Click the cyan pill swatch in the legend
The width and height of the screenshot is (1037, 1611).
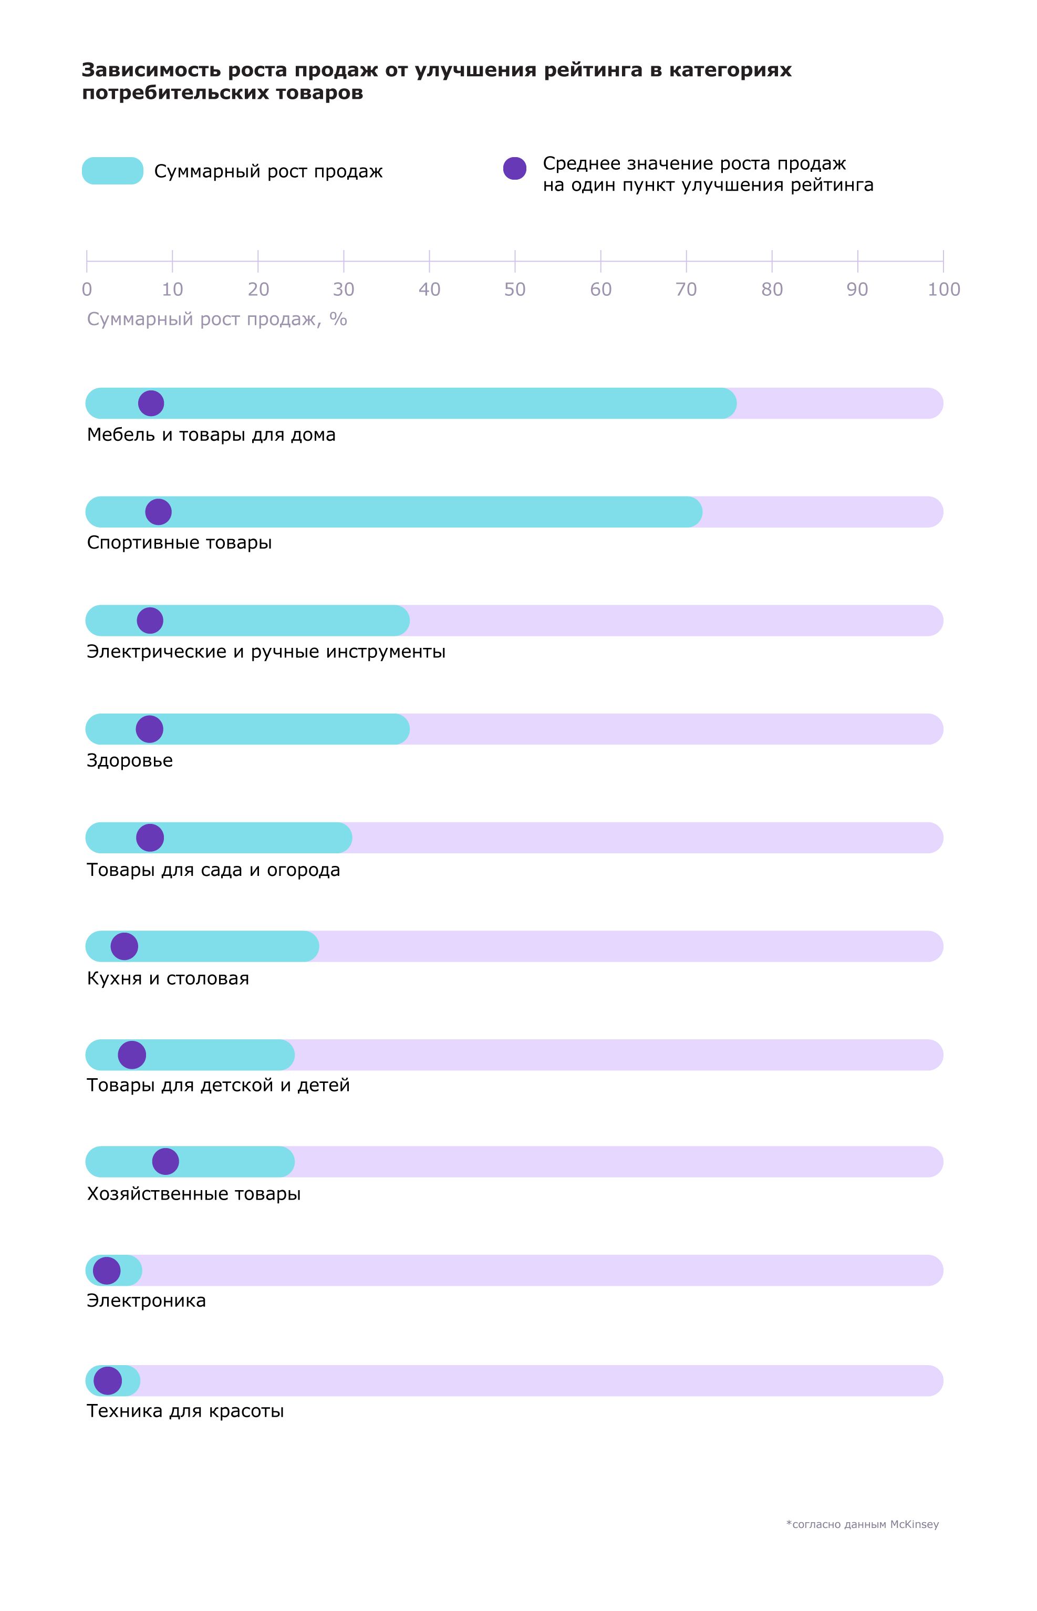click(x=112, y=171)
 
